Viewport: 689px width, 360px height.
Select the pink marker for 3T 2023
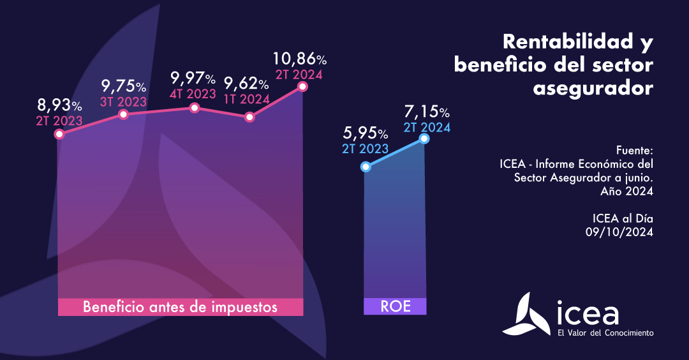(124, 114)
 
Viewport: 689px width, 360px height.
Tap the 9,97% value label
(193, 79)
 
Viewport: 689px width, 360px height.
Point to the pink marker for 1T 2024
(250, 117)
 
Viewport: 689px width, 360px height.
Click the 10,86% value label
(299, 59)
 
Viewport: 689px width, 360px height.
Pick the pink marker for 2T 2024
(302, 86)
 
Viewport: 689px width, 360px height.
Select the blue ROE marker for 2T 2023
(366, 167)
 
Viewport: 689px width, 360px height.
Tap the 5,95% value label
(365, 133)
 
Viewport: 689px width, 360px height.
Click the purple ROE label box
(395, 306)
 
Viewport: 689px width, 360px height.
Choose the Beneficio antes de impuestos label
(180, 307)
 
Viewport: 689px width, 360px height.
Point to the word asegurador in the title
(593, 88)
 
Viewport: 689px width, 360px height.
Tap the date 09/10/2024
(619, 233)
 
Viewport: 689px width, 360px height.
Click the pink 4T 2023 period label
(193, 94)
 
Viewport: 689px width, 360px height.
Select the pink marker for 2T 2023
(59, 134)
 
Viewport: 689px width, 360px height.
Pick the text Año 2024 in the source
(626, 191)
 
